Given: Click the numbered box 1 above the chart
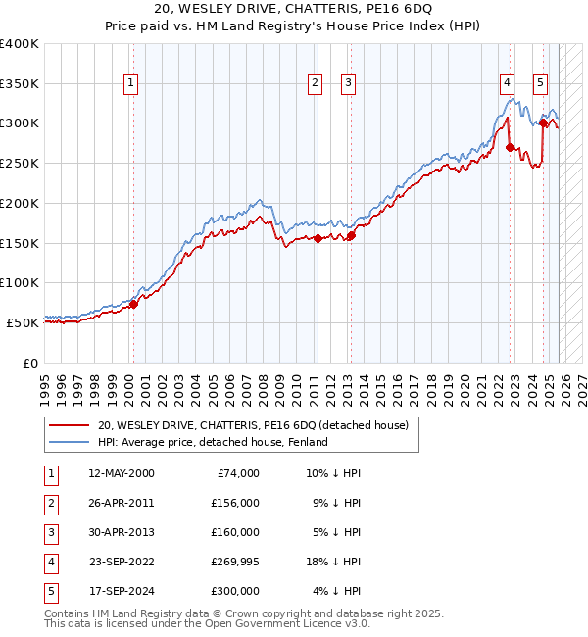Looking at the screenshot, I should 131,84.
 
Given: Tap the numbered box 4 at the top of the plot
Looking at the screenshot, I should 507,84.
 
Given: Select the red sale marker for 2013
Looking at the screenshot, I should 351,234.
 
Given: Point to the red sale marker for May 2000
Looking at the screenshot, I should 133,304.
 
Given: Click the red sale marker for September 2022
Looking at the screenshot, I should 510,147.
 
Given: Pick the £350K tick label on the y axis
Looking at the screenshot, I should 20,84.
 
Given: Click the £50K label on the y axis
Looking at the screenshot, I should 24,322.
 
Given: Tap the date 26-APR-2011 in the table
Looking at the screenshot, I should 121,503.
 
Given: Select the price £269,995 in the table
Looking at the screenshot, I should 234,562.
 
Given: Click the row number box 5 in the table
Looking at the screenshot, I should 50,591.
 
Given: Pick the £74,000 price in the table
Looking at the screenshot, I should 238,473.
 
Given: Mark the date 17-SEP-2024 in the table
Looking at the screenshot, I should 121,591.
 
